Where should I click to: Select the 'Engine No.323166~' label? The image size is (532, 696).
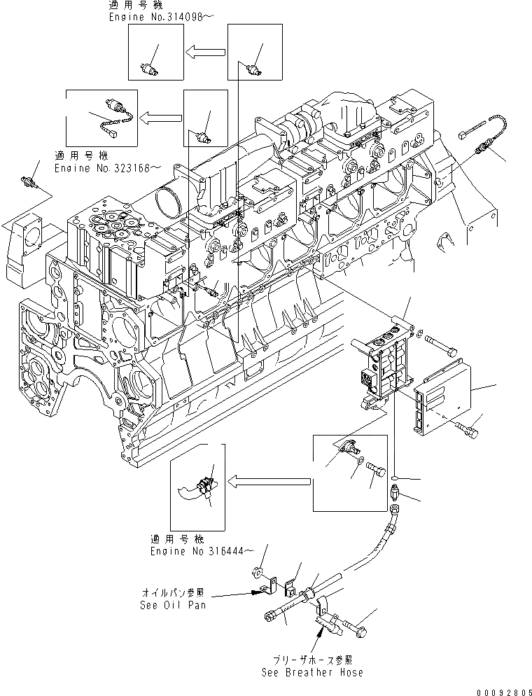108,167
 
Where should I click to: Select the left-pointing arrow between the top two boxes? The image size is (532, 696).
206,50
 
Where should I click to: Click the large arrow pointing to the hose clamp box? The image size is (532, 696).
269,480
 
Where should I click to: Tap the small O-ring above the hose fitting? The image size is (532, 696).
395,480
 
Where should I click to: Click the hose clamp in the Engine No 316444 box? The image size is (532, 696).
205,484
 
